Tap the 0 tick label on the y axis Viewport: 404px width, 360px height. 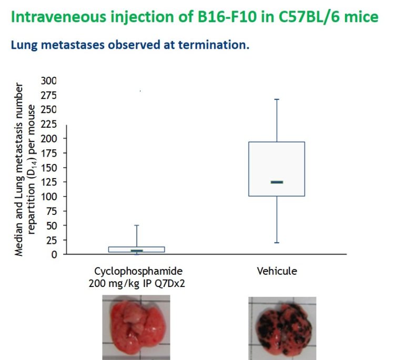53,254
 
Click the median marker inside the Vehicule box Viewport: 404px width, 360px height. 277,182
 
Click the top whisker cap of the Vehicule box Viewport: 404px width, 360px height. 277,99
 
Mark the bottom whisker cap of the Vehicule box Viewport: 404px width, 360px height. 277,243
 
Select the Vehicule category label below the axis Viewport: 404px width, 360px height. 277,271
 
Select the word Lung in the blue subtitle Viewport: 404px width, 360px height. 23,45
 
